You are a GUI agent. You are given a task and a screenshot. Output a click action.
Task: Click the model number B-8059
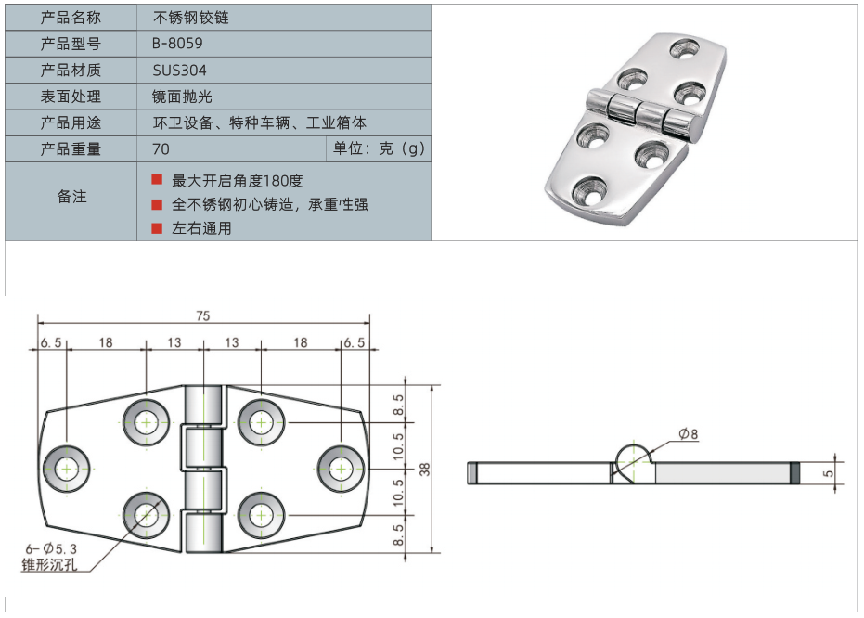tap(177, 44)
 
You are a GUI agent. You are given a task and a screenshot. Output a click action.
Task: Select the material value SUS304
tap(180, 70)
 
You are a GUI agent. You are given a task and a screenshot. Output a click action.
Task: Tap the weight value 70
tap(161, 148)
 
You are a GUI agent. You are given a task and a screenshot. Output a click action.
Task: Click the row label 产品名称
tap(71, 18)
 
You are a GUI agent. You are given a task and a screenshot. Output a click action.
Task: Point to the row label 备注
tap(71, 197)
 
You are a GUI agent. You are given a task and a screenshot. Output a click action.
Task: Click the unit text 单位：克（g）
tap(378, 148)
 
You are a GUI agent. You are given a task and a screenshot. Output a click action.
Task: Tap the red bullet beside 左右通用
tap(157, 227)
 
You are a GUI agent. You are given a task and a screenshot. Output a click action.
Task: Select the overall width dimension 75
tap(202, 315)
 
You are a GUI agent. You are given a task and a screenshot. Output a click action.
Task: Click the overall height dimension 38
tap(425, 469)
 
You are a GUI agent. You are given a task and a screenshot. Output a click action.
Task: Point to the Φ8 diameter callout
tap(688, 434)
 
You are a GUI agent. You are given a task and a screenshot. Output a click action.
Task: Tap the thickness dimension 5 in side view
tap(829, 472)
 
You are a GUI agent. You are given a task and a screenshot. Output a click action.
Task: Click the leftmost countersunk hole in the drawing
tap(68, 469)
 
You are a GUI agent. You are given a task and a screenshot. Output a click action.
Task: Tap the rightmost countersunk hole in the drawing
tap(339, 468)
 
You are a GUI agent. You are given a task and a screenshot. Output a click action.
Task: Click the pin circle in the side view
tap(633, 461)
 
